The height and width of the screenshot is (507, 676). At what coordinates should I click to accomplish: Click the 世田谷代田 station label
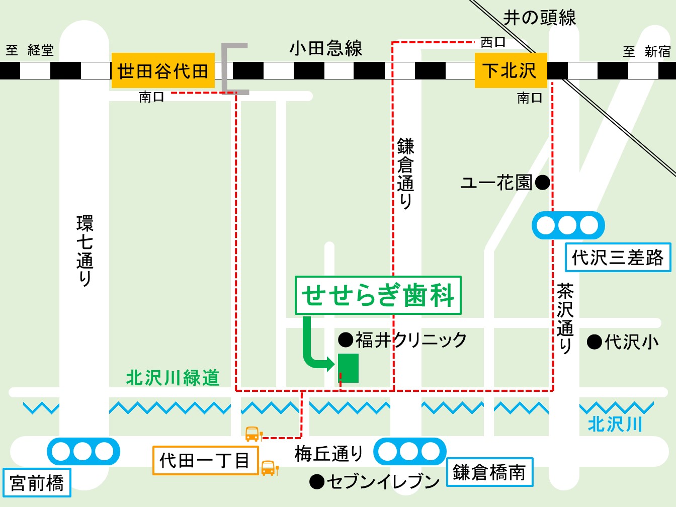coord(162,70)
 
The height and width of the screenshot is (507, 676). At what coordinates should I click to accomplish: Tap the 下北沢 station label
coord(511,70)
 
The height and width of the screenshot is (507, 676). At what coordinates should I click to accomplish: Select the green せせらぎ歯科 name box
coord(378,295)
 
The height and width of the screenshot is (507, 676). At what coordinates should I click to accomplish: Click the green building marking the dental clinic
coord(348,368)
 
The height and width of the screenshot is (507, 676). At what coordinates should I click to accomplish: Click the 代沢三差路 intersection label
coord(618,258)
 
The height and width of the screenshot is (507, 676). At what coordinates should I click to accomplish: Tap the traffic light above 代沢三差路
coord(568,225)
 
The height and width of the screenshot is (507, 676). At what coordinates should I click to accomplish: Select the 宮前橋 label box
coord(37,482)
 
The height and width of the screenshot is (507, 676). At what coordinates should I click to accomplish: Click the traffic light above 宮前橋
coord(83,451)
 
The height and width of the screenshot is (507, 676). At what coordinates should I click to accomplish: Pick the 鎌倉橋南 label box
coord(489,472)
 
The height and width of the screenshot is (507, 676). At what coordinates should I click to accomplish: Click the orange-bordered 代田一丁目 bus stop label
coord(205,460)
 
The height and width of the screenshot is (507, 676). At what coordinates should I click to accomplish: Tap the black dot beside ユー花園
coord(543,182)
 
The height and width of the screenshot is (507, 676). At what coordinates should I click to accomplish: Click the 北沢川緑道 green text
coord(173,378)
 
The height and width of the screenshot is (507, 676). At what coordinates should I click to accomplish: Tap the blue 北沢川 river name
coord(615,425)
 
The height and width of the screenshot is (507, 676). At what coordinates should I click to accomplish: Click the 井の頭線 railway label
coord(540,18)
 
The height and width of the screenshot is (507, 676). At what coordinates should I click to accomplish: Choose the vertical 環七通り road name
coord(84,250)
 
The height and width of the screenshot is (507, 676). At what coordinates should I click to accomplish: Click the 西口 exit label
coord(492,42)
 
